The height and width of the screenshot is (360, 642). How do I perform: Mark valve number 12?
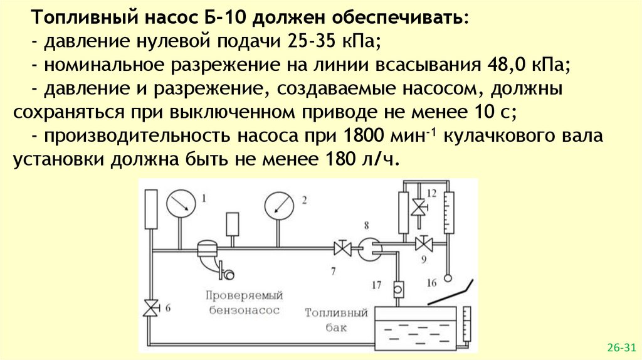tap(417, 206)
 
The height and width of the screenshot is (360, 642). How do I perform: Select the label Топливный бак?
tap(327, 319)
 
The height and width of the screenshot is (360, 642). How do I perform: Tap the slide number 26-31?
tap(621, 347)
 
